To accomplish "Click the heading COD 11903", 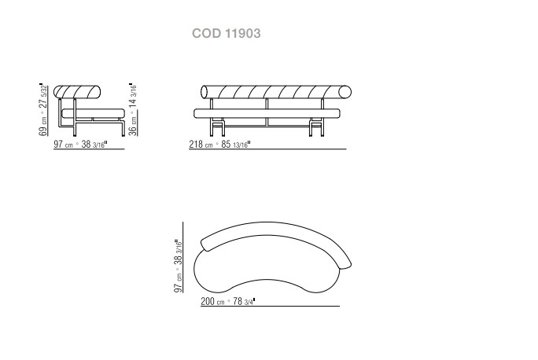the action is click(226, 33).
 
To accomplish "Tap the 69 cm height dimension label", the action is click(43, 110).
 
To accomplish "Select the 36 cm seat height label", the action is click(133, 110).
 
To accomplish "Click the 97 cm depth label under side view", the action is click(80, 144).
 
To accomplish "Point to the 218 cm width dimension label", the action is click(219, 144).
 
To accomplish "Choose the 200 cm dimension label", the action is click(228, 301).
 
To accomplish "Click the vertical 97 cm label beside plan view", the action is click(178, 266).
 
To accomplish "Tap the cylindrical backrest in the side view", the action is click(77, 91).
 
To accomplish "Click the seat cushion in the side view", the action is click(94, 113).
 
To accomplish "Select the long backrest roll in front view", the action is click(276, 92).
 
